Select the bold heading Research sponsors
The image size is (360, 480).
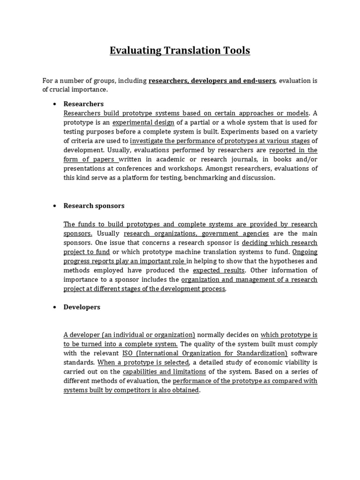94,206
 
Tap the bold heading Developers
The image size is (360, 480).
82,307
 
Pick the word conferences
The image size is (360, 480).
152,169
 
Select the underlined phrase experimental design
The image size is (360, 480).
143,122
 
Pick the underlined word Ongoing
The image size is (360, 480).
305,252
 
